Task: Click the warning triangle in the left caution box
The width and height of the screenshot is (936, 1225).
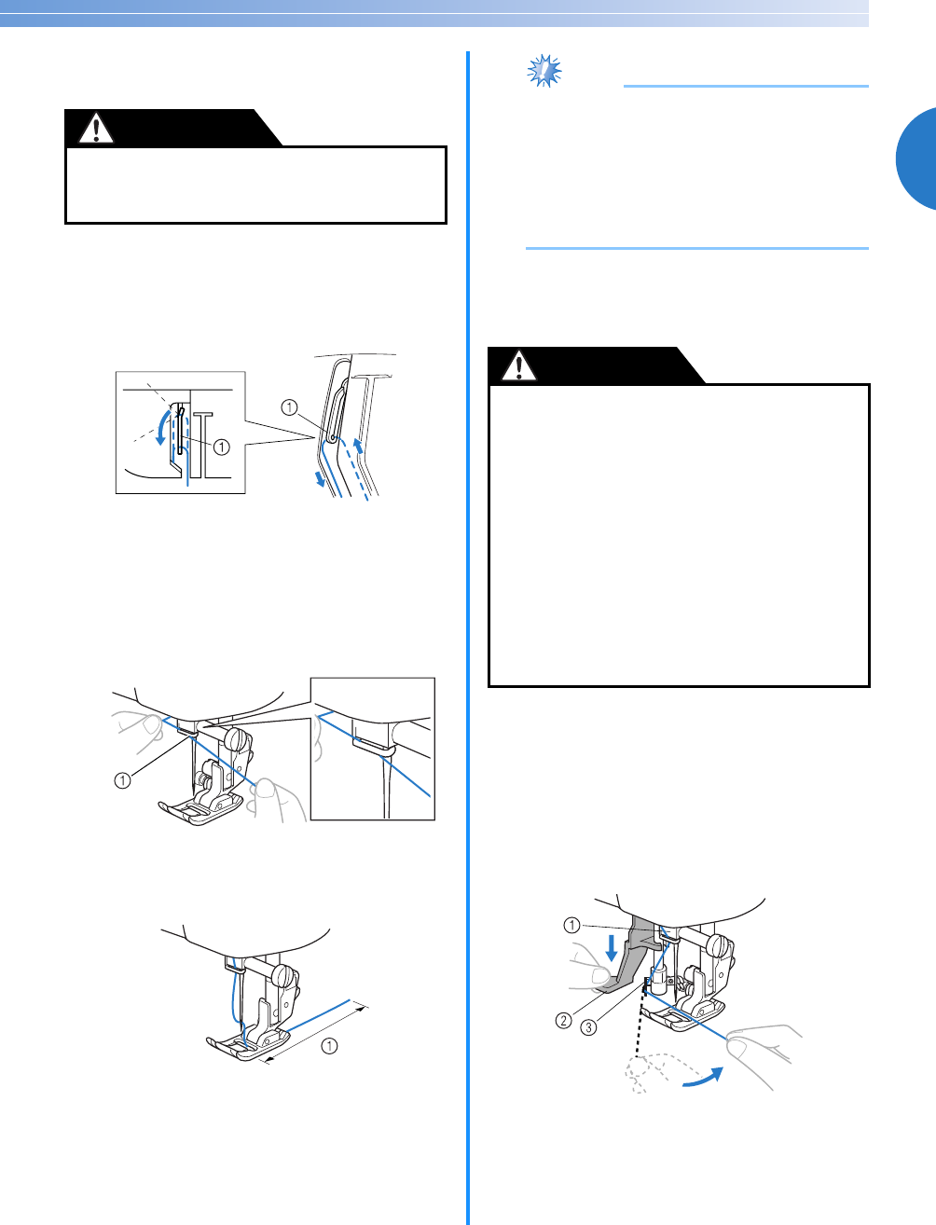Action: coord(96,129)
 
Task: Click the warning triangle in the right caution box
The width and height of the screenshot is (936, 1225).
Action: coord(519,365)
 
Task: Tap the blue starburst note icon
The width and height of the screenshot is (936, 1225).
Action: coord(544,71)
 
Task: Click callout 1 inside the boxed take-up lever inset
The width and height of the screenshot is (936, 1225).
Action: coord(222,447)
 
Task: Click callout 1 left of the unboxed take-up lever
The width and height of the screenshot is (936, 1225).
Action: coord(289,407)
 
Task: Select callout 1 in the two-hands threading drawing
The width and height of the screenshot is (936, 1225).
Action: coord(122,780)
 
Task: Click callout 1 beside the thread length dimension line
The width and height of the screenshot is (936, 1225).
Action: coord(329,1045)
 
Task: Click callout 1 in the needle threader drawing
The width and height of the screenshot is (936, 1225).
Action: coord(571,926)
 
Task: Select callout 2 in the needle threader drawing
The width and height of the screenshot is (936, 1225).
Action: coord(564,1021)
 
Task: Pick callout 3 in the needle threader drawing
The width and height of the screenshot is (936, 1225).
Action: coord(589,1026)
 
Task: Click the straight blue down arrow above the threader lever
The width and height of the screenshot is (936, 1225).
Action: coord(612,948)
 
